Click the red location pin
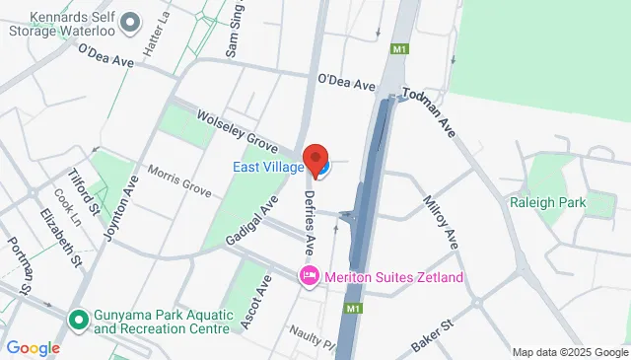click(315, 158)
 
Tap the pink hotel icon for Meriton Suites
click(309, 274)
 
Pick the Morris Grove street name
click(179, 178)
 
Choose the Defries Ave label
click(312, 219)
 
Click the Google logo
click(33, 348)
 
